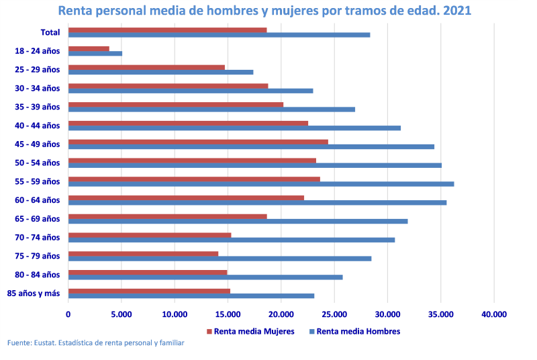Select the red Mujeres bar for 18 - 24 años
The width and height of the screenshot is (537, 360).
click(x=89, y=48)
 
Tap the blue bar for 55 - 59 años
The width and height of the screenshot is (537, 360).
click(x=261, y=184)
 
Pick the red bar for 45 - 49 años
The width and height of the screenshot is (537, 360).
click(x=198, y=142)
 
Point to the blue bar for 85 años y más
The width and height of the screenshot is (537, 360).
click(x=191, y=296)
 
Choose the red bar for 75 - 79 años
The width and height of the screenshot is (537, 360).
click(x=143, y=253)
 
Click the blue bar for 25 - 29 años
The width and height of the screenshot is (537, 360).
click(x=160, y=72)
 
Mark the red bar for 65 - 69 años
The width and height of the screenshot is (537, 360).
click(x=167, y=216)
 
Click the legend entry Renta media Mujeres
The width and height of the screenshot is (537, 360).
click(x=250, y=331)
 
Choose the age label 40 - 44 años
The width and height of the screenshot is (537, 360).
click(x=38, y=126)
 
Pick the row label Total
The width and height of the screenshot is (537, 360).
click(x=50, y=32)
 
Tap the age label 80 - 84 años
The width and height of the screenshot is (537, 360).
click(x=38, y=275)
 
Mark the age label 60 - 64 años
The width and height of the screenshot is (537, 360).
click(x=38, y=200)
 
